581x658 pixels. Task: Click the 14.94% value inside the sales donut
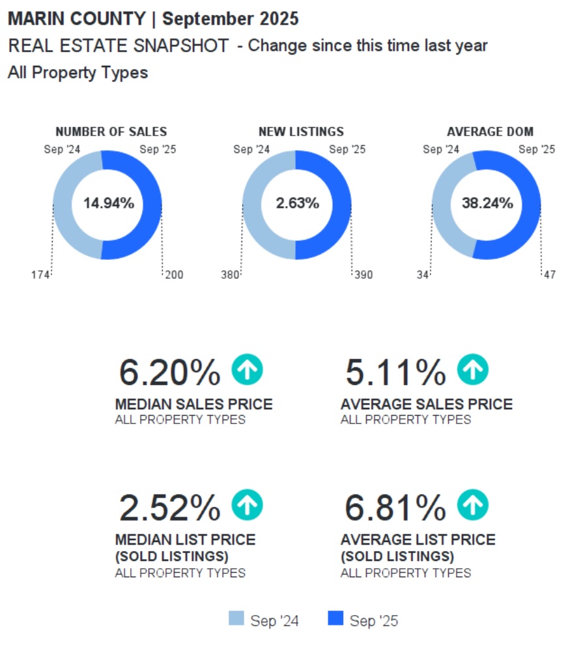[x=108, y=203]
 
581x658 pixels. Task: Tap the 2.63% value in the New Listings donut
[x=298, y=203]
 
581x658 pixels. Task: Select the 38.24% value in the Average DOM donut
[x=487, y=203]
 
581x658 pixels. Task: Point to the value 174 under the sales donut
[x=40, y=275]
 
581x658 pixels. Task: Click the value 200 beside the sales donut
[x=174, y=275]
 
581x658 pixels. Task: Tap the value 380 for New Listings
[x=230, y=275]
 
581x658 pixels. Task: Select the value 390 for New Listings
[x=363, y=275]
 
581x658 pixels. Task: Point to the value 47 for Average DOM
[x=550, y=275]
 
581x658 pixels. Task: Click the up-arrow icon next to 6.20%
[x=247, y=370]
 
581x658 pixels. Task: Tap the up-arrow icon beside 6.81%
[x=472, y=506]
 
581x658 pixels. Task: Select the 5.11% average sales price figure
[x=395, y=373]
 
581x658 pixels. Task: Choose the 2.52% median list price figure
[x=170, y=508]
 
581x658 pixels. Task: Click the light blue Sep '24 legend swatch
[x=236, y=619]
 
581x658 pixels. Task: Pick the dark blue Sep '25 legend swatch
[x=335, y=619]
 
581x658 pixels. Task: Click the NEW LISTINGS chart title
[x=301, y=132]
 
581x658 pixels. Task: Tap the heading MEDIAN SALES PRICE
[x=193, y=405]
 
